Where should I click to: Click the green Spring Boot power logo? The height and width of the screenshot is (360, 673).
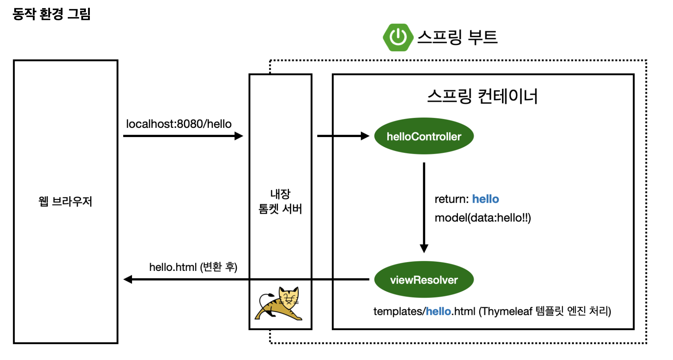(398, 37)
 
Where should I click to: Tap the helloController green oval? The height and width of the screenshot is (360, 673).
(424, 136)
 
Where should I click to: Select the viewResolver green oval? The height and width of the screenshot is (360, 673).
(424, 280)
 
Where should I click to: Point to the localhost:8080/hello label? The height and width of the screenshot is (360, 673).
(179, 124)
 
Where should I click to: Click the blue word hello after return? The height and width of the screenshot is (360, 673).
(485, 199)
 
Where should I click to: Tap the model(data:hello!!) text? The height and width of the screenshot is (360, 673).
(482, 218)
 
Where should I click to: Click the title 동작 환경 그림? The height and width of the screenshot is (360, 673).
(52, 14)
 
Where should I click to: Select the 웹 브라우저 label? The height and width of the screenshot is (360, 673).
(65, 202)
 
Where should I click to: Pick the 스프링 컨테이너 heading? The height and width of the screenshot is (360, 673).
(482, 96)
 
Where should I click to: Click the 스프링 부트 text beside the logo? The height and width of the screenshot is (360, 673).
(457, 37)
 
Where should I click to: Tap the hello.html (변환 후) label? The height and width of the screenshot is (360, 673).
(193, 267)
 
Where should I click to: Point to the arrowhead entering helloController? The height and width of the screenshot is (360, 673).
(365, 136)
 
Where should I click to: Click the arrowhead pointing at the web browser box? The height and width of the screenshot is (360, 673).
(128, 279)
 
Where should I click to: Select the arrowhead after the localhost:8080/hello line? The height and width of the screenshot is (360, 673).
(239, 136)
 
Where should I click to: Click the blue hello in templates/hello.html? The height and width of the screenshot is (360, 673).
(438, 311)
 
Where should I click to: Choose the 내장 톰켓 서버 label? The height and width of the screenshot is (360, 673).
(280, 202)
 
